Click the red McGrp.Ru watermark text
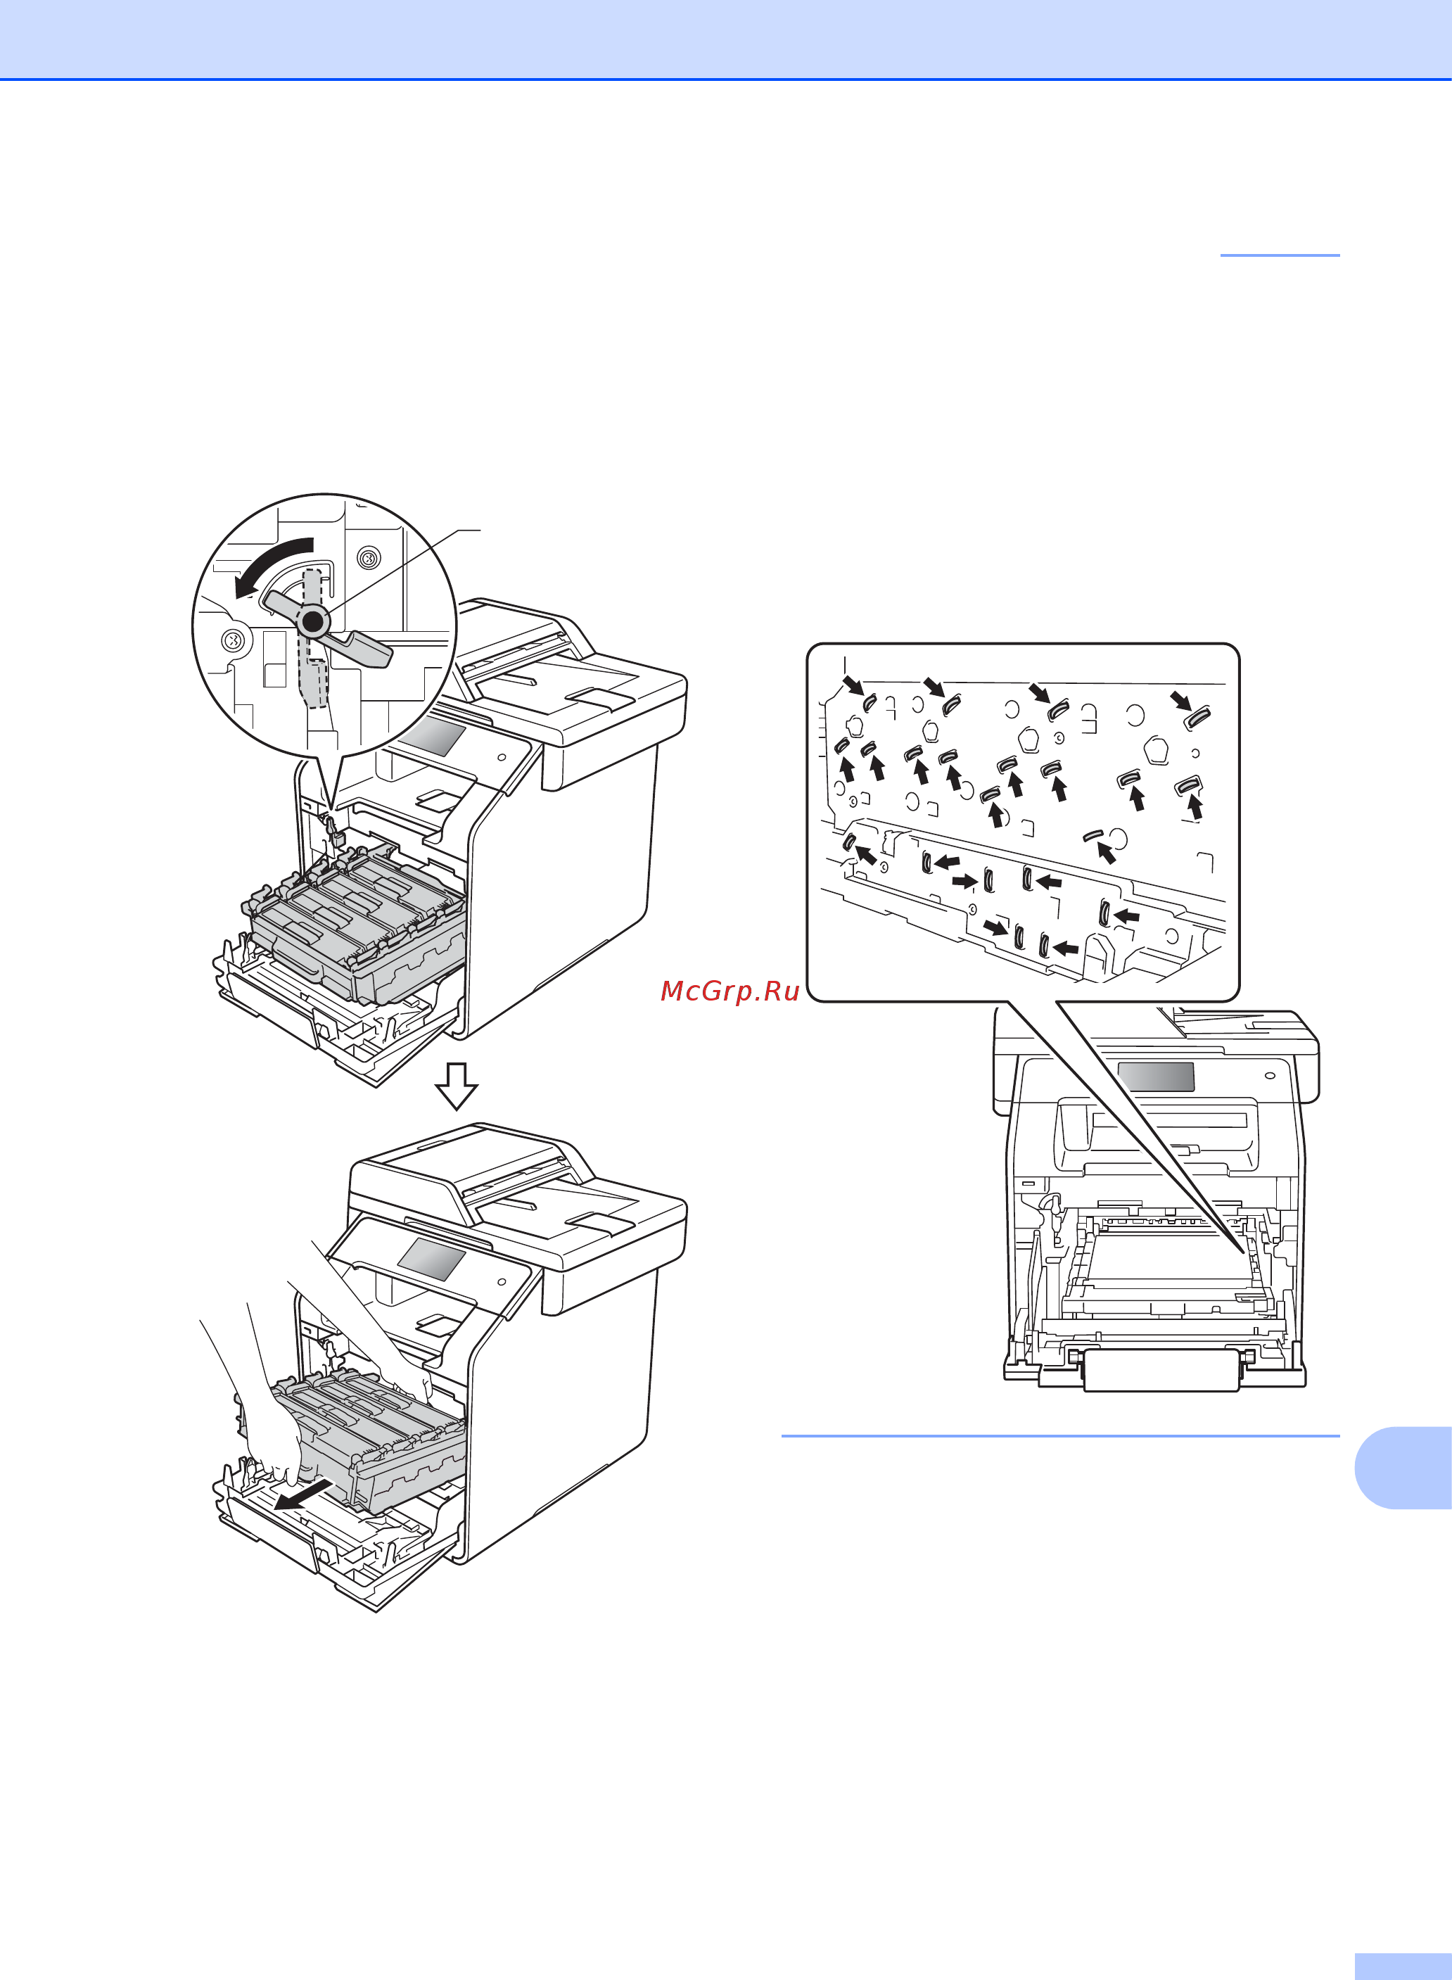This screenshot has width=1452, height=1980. click(730, 991)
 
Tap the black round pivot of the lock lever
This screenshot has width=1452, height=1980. click(313, 621)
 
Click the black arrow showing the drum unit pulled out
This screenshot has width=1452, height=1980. click(304, 1494)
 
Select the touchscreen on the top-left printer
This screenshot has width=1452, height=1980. click(431, 737)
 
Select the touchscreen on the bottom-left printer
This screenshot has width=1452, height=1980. click(431, 1260)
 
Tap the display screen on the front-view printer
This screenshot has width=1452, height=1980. click(1156, 1076)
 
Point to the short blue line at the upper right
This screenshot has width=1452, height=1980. click(1280, 255)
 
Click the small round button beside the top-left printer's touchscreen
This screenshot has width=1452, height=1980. click(501, 756)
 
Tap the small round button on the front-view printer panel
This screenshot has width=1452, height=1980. click(1269, 1075)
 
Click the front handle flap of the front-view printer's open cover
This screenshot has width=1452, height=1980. click(1161, 1371)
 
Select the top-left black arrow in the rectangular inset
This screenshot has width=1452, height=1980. click(853, 684)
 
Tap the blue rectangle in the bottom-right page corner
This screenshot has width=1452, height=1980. click(1403, 1967)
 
